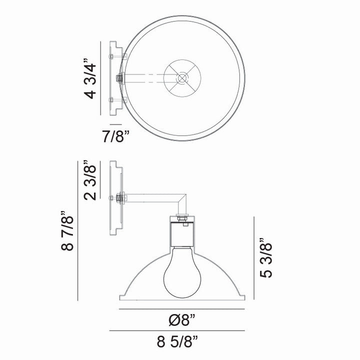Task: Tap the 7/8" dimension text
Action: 115,136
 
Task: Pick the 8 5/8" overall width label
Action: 177,342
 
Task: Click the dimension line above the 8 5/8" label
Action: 177,331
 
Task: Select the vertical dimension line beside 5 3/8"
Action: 255,258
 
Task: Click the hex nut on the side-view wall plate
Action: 119,198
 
